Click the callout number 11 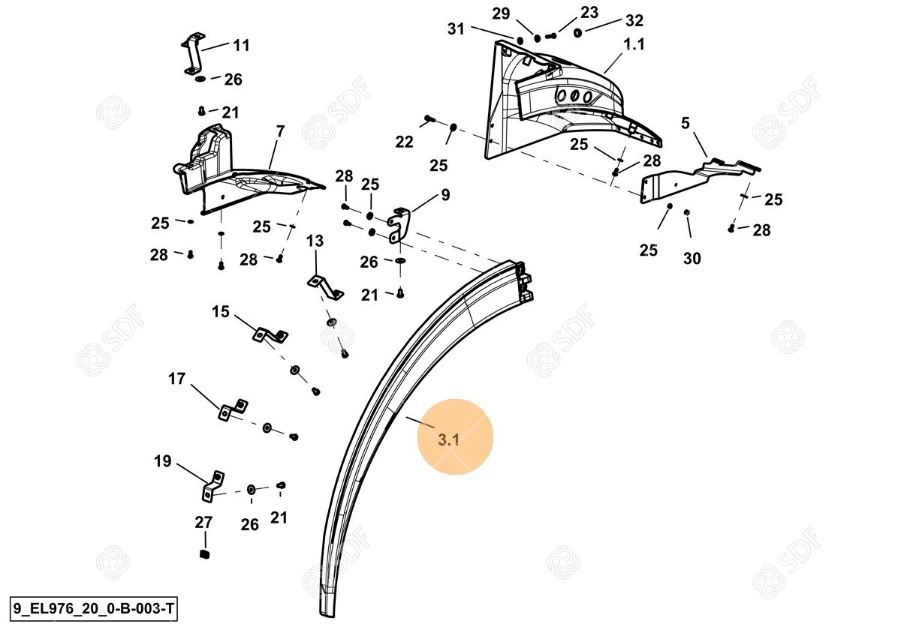tap(241, 46)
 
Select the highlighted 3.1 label tap(448, 439)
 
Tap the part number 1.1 tap(634, 44)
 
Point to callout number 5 tap(686, 123)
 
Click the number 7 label tap(280, 131)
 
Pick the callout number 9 tap(445, 195)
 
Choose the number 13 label tap(315, 241)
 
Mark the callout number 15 tap(220, 311)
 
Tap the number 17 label tap(176, 379)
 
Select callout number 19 tap(163, 461)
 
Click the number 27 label tap(203, 522)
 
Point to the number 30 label tap(692, 258)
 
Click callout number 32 tap(634, 20)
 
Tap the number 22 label tap(404, 142)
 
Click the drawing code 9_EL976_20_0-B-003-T tap(94, 609)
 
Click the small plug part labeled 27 tap(203, 554)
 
